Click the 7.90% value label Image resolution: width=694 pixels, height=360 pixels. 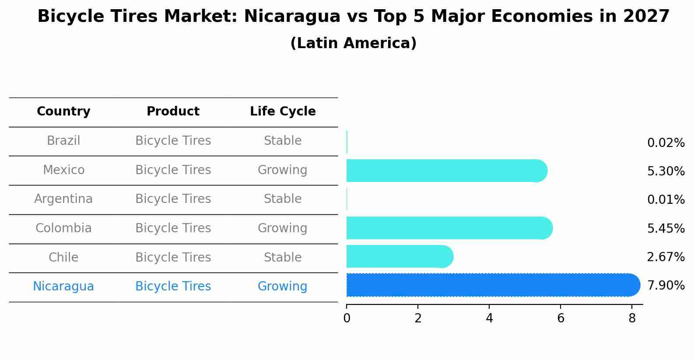tap(666, 286)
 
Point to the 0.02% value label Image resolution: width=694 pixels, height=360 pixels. tap(666, 143)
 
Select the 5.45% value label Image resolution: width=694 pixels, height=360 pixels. tap(666, 228)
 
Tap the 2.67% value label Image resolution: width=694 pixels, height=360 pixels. tap(666, 257)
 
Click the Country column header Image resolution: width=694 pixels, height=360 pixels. tap(63, 112)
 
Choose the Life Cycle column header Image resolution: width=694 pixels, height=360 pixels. tap(283, 112)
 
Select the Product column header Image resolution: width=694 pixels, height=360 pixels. tap(173, 112)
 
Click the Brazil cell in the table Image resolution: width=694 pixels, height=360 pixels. tap(63, 141)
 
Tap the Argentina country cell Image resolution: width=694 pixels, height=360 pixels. tap(63, 199)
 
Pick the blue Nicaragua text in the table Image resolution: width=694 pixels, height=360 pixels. tap(63, 287)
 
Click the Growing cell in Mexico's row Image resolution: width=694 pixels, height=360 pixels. tap(282, 170)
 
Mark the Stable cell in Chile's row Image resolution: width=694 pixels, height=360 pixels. tap(282, 257)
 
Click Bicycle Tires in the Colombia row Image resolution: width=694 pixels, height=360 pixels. tap(173, 228)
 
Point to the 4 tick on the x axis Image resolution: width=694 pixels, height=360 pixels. tap(489, 318)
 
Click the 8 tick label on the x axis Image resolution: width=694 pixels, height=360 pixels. tap(632, 318)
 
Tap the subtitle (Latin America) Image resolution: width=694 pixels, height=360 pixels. tap(353, 43)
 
